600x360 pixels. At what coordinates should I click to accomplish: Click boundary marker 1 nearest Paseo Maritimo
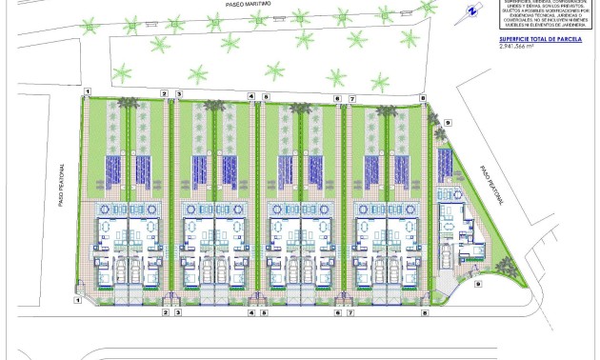pyautogui.click(x=87, y=93)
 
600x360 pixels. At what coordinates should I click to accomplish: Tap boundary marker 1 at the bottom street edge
pyautogui.click(x=77, y=298)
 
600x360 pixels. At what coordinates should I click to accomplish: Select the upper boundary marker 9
pyautogui.click(x=447, y=123)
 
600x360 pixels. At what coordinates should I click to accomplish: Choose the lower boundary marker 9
pyautogui.click(x=478, y=283)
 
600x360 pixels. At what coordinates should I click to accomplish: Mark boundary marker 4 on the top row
pyautogui.click(x=251, y=96)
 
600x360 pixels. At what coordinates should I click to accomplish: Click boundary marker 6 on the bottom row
pyautogui.click(x=337, y=311)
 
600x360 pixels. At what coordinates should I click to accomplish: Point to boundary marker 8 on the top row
pyautogui.click(x=423, y=98)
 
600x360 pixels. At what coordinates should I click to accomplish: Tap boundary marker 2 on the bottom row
pyautogui.click(x=165, y=311)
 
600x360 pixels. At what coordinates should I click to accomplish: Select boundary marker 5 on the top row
pyautogui.click(x=267, y=96)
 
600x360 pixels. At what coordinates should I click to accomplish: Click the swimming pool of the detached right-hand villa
pyautogui.click(x=443, y=161)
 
